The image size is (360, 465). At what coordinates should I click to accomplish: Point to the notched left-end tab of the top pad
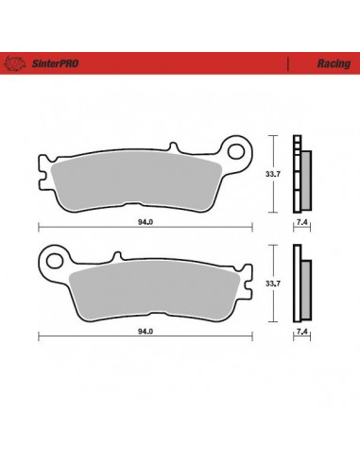click(42, 176)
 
